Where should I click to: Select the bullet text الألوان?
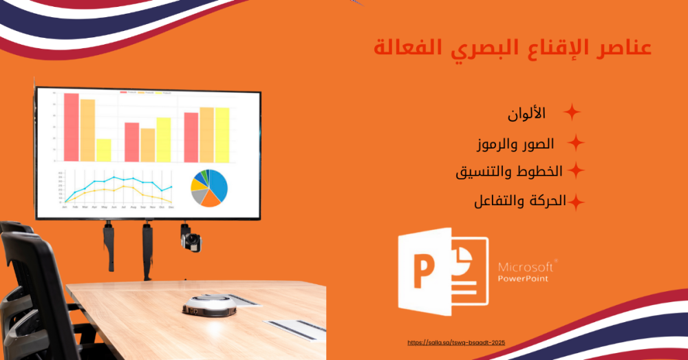point(526,113)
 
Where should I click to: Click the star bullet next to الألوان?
point(572,112)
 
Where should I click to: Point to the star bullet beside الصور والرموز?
point(576,143)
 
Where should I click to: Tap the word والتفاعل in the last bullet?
point(498,201)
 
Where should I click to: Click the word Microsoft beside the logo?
point(526,266)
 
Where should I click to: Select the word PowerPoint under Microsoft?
point(524,279)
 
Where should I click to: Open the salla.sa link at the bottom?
point(456,342)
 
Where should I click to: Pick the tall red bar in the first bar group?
point(72,127)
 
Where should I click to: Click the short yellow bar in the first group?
point(104,150)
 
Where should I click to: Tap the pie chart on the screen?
point(209,187)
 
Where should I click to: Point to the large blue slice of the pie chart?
point(219,182)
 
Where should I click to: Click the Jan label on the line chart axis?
point(65,207)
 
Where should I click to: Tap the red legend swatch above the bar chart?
point(125,92)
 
